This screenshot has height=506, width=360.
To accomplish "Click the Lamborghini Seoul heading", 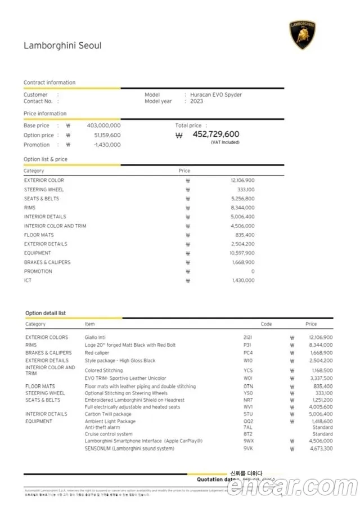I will pyautogui.click(x=62, y=46).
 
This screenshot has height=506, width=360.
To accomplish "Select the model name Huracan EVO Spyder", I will pyautogui.click(x=216, y=95).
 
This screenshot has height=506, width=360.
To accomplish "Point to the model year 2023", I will pyautogui.click(x=197, y=101).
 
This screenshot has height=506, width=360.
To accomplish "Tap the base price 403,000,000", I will pyautogui.click(x=103, y=126).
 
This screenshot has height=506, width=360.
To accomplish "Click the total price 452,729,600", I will pyautogui.click(x=215, y=135).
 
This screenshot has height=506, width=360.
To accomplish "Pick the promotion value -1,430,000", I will pyautogui.click(x=107, y=145).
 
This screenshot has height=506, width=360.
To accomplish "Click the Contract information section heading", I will pyautogui.click(x=49, y=83).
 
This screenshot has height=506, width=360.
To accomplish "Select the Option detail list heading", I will pyautogui.click(x=46, y=313).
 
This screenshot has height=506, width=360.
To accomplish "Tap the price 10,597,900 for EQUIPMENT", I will pyautogui.click(x=242, y=253).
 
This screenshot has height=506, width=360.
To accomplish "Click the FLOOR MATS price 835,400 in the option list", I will pyautogui.click(x=245, y=235).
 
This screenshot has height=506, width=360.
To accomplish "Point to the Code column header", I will pyautogui.click(x=266, y=324).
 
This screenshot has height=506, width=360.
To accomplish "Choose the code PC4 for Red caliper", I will pyautogui.click(x=248, y=353).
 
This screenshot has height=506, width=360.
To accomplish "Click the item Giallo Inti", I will pyautogui.click(x=95, y=337).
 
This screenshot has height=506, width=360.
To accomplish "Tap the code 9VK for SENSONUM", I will pyautogui.click(x=248, y=449).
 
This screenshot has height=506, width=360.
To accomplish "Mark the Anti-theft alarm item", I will pyautogui.click(x=102, y=427).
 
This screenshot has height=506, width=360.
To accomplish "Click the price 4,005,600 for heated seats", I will pyautogui.click(x=321, y=407).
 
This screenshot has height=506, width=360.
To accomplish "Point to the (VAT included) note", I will pyautogui.click(x=225, y=142).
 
